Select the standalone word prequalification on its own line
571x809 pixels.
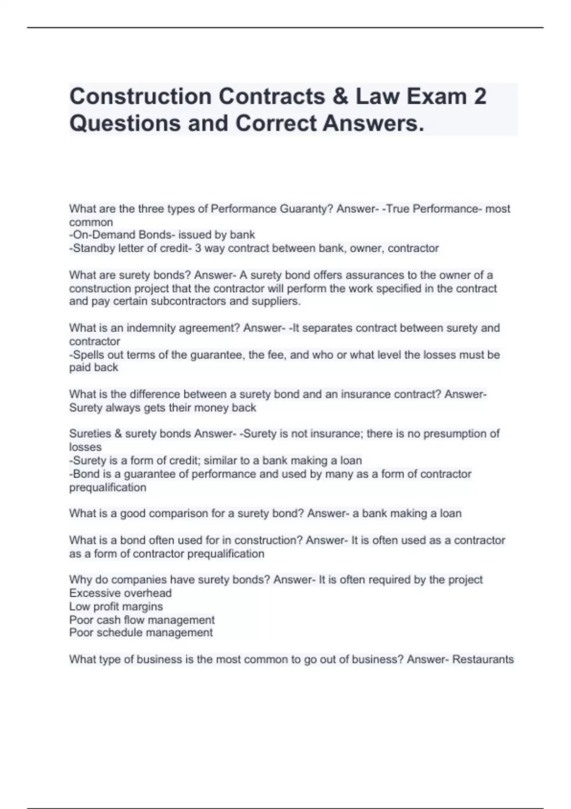[108, 487]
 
